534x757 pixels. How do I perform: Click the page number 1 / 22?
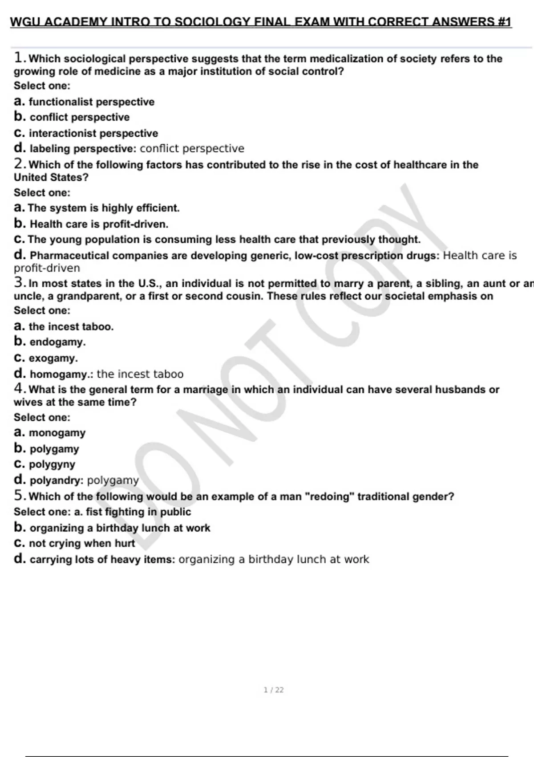tap(273, 690)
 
